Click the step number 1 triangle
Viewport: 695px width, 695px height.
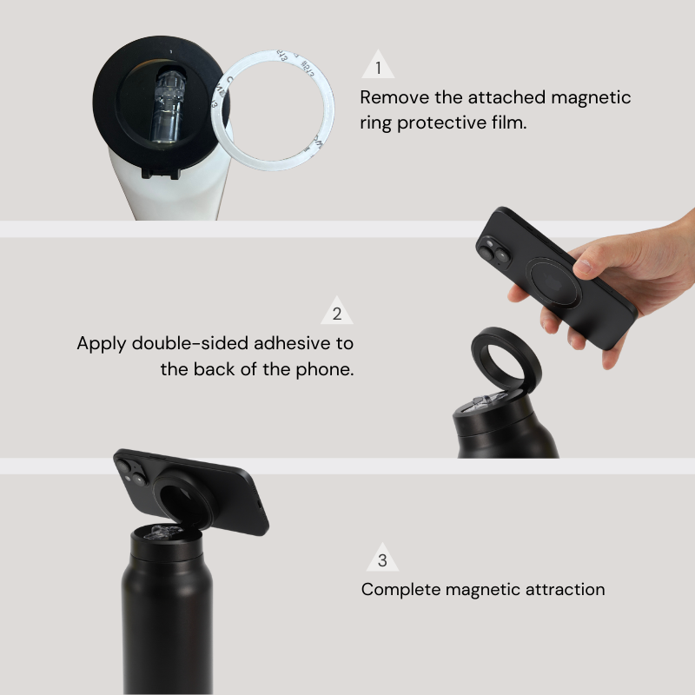(x=378, y=67)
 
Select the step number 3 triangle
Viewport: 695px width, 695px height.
(x=382, y=560)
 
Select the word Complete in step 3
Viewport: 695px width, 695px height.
(x=400, y=590)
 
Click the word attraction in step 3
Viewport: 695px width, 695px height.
(x=565, y=590)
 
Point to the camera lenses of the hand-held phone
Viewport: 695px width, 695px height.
(x=493, y=250)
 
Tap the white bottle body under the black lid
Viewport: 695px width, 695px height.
(x=174, y=195)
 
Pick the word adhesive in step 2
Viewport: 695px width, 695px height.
(x=295, y=343)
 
